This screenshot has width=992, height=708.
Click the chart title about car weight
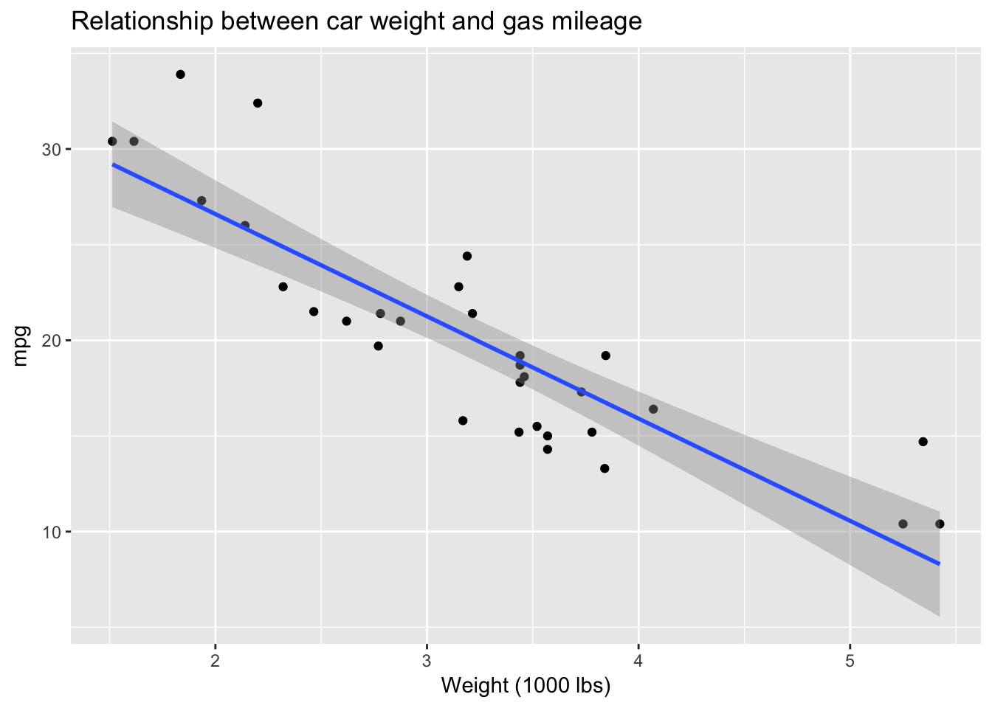[356, 22]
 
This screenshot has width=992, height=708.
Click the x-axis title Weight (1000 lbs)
[526, 687]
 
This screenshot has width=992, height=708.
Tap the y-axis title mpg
[21, 346]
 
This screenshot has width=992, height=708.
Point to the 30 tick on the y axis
[51, 149]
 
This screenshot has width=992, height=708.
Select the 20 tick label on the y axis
[51, 341]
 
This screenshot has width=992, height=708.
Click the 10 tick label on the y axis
[51, 532]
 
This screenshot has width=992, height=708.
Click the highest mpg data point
[181, 74]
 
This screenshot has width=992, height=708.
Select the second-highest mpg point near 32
[258, 103]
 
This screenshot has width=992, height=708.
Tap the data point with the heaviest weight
[940, 524]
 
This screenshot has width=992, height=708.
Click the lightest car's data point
[112, 142]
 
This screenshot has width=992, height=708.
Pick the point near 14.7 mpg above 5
[923, 442]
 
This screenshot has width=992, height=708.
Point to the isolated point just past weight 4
[653, 409]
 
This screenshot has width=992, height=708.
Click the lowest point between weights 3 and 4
[604, 468]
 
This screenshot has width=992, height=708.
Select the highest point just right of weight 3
[467, 256]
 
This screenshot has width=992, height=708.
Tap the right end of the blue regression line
[939, 564]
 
